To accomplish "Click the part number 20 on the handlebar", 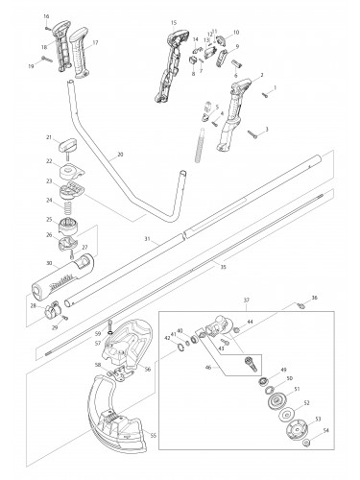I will pos(119,154).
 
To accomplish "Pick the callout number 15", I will pos(173,21).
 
